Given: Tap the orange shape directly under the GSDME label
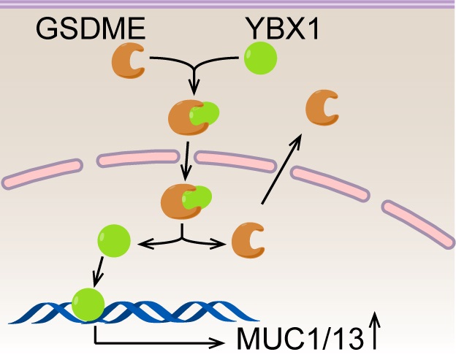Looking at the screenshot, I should (129, 64).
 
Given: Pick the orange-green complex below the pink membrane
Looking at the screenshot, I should (186, 199).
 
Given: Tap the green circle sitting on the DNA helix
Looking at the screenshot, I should (88, 302).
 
